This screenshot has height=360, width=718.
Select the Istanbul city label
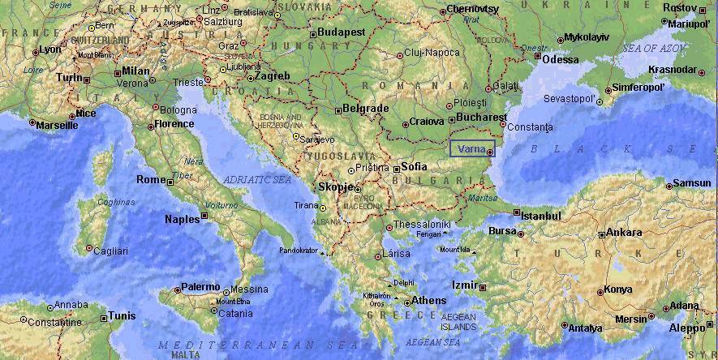click(541, 216)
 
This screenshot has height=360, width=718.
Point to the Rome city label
click(151, 179)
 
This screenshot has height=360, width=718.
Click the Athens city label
click(429, 300)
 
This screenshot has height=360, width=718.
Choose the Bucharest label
click(481, 117)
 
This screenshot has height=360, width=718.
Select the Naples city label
click(182, 219)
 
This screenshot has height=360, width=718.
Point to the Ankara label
click(624, 232)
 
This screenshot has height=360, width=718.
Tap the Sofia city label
click(414, 165)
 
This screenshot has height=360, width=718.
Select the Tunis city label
click(122, 315)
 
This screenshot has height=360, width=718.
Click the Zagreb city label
click(273, 75)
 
